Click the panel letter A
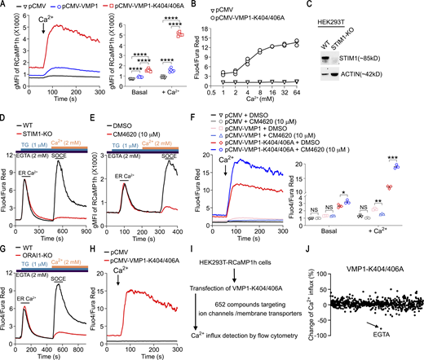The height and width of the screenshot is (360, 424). [5, 7]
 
